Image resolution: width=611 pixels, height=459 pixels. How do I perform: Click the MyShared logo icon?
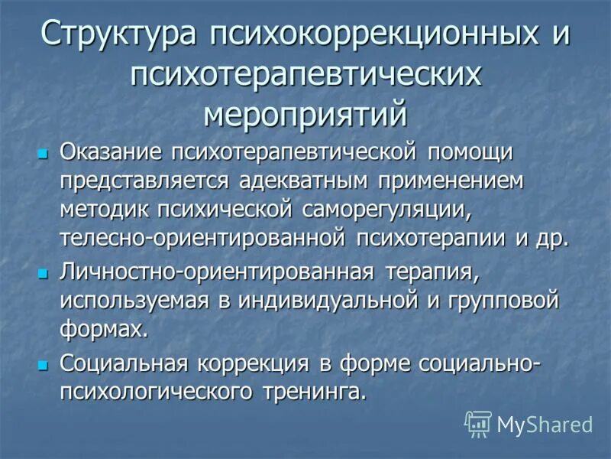click(x=478, y=423)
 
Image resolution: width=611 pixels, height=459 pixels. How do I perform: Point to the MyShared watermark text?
click(x=545, y=424)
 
